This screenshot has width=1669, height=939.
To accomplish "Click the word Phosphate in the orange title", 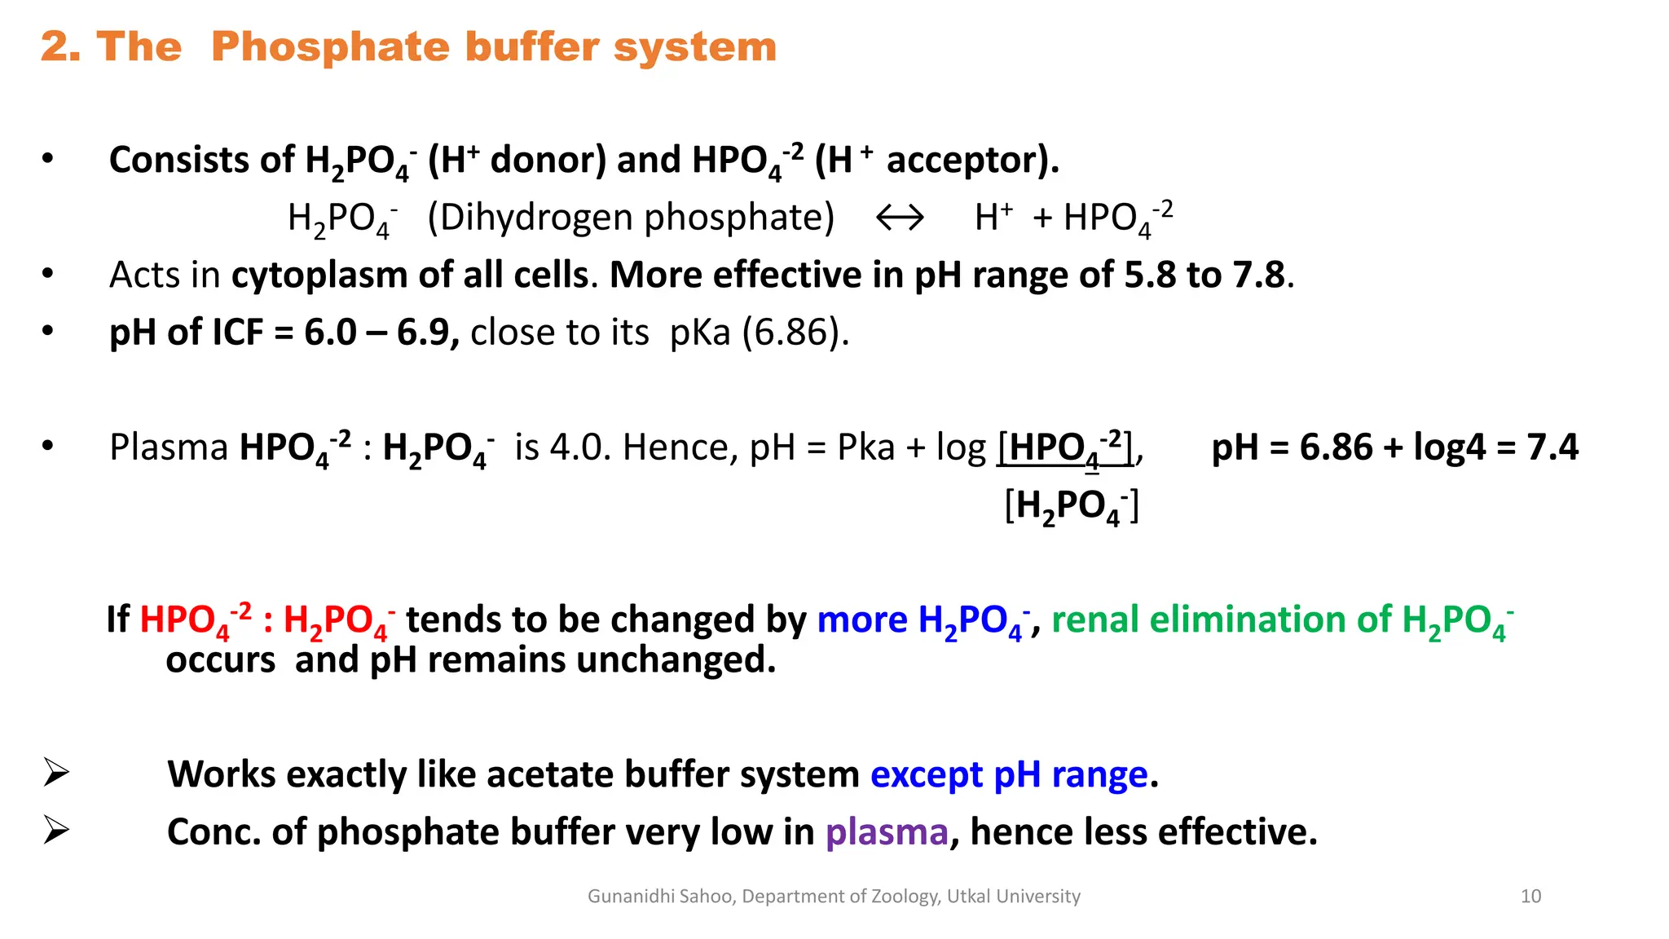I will (329, 47).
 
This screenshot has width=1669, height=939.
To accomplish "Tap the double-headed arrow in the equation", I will (900, 218).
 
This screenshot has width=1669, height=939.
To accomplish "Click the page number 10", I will (1530, 897).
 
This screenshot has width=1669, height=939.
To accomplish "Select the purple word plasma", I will (887, 832).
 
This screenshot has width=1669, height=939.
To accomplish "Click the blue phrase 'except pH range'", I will (1009, 774).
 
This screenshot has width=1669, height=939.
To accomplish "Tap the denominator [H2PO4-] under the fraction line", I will (1071, 507).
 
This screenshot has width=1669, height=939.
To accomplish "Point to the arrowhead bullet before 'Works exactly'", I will (56, 773).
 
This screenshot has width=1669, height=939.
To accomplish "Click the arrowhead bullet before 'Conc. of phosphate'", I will (56, 831).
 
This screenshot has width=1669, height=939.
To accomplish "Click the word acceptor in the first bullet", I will (971, 160).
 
